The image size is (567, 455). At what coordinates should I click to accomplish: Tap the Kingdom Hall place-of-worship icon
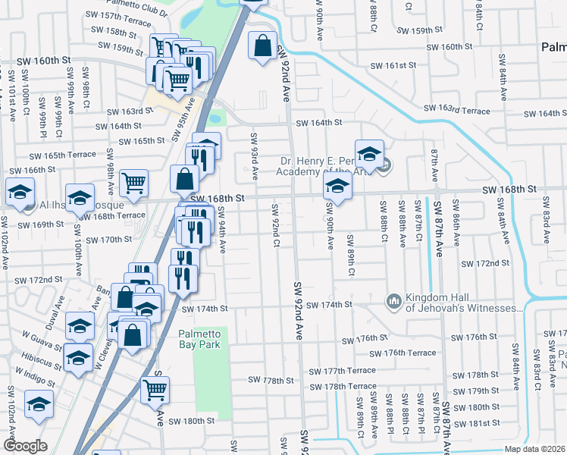(x=393, y=302)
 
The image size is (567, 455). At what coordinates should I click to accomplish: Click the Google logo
(x=25, y=446)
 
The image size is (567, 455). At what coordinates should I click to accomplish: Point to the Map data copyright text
(x=534, y=449)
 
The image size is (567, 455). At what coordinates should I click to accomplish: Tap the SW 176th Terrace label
(x=403, y=353)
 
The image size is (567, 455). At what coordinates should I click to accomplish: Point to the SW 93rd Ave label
(x=255, y=156)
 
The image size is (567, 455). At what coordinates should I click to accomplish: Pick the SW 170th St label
(x=107, y=240)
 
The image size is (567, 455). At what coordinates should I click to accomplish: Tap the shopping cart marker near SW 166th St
(x=133, y=182)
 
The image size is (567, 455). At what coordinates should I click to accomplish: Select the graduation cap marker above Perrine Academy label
(x=369, y=153)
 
